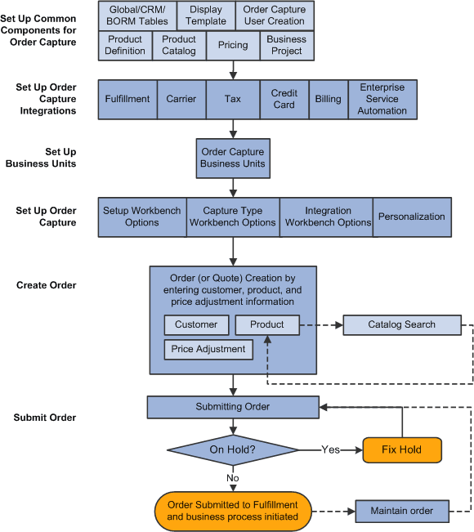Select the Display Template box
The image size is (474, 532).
click(x=205, y=16)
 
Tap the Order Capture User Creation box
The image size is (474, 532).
click(x=274, y=16)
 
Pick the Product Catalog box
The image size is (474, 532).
click(x=178, y=45)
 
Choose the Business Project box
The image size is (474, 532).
click(x=286, y=45)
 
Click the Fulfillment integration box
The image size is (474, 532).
click(x=127, y=99)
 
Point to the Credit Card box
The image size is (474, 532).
click(x=284, y=99)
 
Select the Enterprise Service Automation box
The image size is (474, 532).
click(x=382, y=99)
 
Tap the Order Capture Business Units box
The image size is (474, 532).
click(x=233, y=158)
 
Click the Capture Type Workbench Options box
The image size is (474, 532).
click(x=233, y=217)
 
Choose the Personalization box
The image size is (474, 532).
click(x=412, y=217)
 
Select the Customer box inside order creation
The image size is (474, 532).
click(x=196, y=324)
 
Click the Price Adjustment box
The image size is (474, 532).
click(x=208, y=349)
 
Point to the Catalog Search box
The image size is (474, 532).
click(x=401, y=324)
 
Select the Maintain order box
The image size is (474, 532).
click(x=401, y=512)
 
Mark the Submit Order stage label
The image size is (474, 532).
click(x=45, y=418)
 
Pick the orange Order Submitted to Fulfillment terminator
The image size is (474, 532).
click(x=233, y=511)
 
